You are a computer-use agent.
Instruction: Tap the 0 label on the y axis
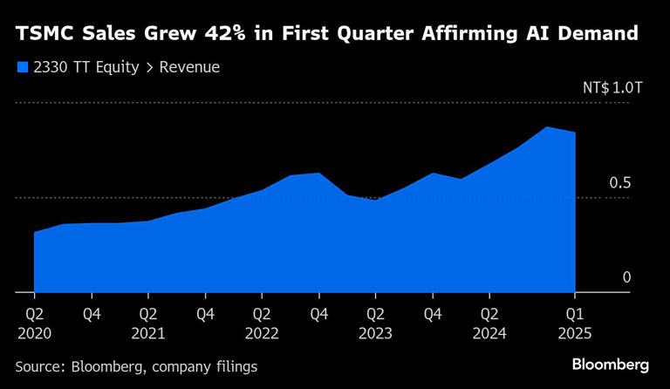pos(626,278)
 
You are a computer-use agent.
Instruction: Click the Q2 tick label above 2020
pos(35,314)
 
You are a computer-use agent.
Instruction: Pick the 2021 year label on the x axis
pos(149,332)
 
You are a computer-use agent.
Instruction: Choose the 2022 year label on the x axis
pos(263,332)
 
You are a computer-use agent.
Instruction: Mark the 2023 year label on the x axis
pos(376,332)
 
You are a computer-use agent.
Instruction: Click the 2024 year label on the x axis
pos(489,332)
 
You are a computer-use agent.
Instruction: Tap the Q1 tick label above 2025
pos(575,314)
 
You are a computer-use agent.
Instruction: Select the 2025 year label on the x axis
pos(575,332)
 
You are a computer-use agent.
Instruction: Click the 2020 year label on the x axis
pos(35,332)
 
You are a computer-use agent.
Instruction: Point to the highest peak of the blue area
pos(546,127)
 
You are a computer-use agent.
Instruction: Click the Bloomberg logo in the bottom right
pos(611,364)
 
